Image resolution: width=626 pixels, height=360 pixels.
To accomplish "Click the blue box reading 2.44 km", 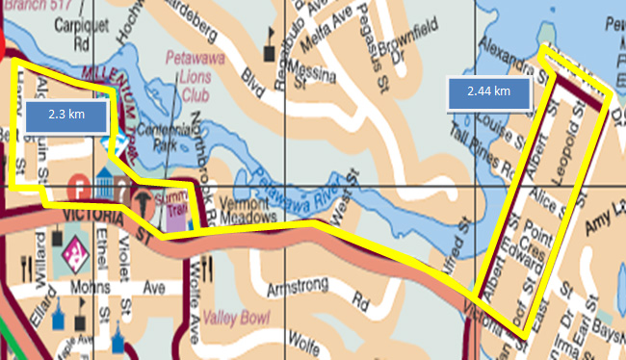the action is [489, 94].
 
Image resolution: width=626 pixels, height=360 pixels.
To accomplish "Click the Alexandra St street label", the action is [505, 58].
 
